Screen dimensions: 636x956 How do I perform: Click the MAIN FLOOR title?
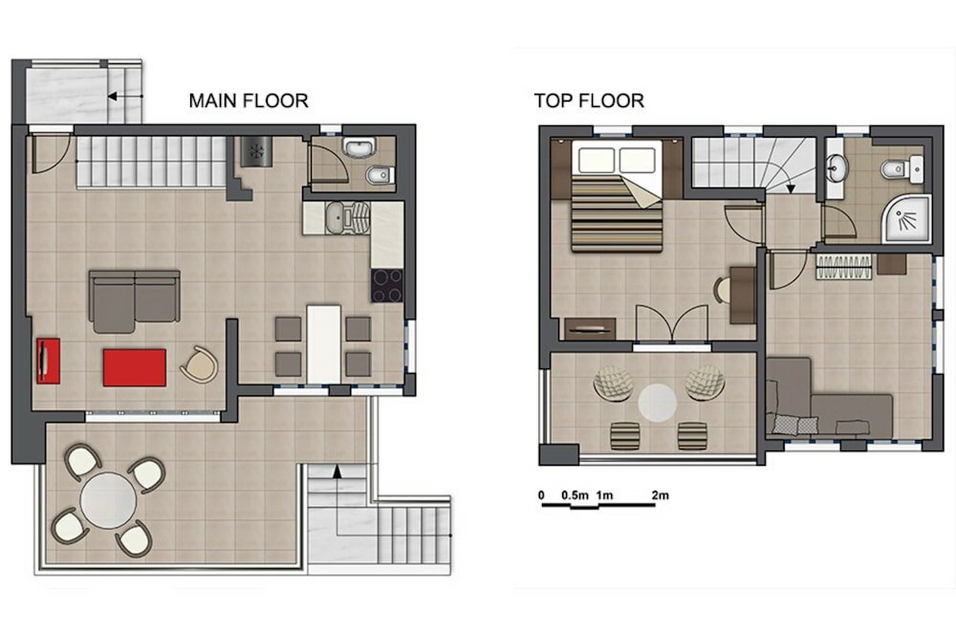248,99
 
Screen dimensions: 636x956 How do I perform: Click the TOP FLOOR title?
588,99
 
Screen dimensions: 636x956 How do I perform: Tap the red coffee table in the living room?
134,367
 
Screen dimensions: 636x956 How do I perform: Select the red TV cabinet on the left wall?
47,361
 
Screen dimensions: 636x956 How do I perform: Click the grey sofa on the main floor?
134,296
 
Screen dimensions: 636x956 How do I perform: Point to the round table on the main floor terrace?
108,501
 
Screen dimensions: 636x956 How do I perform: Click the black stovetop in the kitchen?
387,285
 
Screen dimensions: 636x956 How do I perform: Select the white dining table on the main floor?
323,341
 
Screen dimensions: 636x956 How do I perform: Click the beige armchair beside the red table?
200,364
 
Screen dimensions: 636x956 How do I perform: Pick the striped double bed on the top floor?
618,206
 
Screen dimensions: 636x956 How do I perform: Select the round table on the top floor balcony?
658,402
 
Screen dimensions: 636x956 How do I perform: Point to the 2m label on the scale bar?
660,494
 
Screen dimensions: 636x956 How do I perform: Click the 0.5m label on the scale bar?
574,494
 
